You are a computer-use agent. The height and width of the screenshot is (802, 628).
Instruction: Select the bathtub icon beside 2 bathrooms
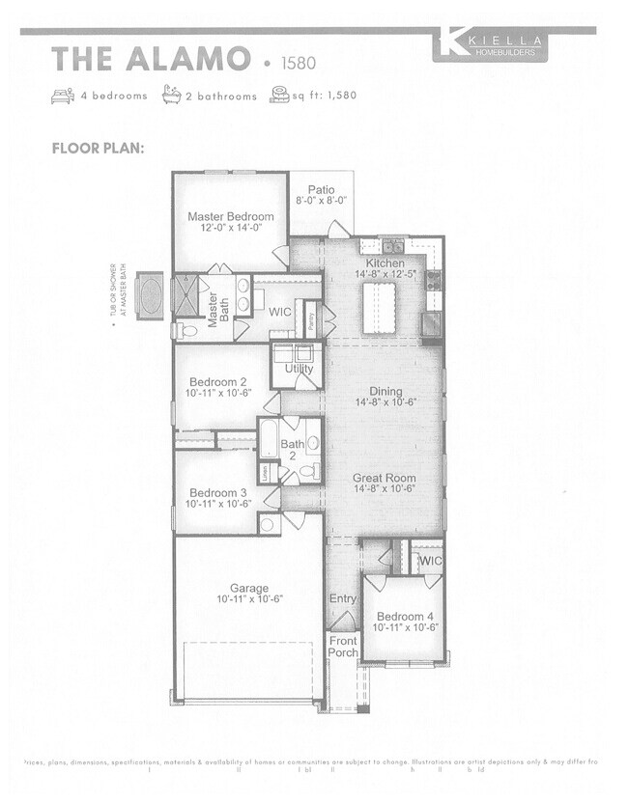[x=173, y=96]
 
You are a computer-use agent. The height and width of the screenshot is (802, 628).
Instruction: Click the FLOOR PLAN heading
[x=98, y=149]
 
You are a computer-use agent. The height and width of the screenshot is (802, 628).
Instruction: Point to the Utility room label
[x=299, y=370]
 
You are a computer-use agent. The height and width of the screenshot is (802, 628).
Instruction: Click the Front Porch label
[x=343, y=647]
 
